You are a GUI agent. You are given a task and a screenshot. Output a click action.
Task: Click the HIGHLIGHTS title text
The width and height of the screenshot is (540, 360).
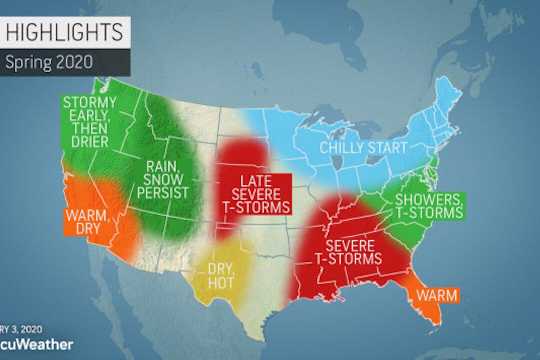tap(64, 31)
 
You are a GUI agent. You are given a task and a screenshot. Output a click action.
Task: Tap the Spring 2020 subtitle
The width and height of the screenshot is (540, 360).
tap(49, 63)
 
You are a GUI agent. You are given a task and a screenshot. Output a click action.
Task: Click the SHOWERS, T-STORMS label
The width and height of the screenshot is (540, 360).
tap(428, 205)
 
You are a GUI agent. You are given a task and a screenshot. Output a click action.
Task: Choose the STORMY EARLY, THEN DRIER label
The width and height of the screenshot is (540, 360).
tap(90, 122)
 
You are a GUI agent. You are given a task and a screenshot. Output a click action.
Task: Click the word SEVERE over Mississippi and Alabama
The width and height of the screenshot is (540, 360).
tap(352, 246)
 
